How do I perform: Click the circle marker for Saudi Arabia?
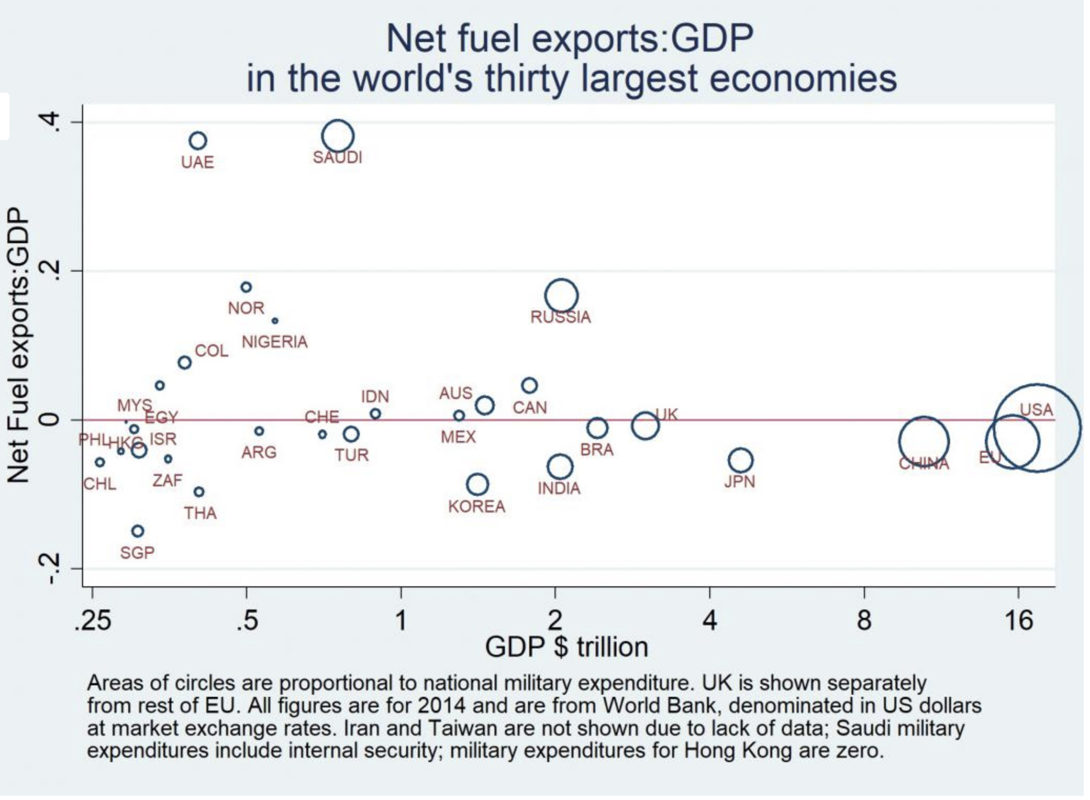[338, 136]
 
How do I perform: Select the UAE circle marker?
[198, 141]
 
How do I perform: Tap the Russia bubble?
[561, 296]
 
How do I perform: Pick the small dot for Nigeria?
[275, 321]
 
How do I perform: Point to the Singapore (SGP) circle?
[137, 531]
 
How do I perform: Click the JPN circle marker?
[740, 461]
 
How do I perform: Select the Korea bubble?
[477, 484]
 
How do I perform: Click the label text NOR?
[246, 308]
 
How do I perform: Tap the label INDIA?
[559, 489]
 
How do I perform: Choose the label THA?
[200, 513]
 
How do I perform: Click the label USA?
[1036, 410]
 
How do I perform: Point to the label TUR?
[351, 455]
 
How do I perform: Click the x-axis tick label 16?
[1018, 621]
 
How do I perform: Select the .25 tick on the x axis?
[93, 621]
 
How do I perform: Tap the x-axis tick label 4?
[710, 621]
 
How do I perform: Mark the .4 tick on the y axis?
[51, 122]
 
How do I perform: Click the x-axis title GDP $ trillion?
[566, 647]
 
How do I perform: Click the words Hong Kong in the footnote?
[738, 751]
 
